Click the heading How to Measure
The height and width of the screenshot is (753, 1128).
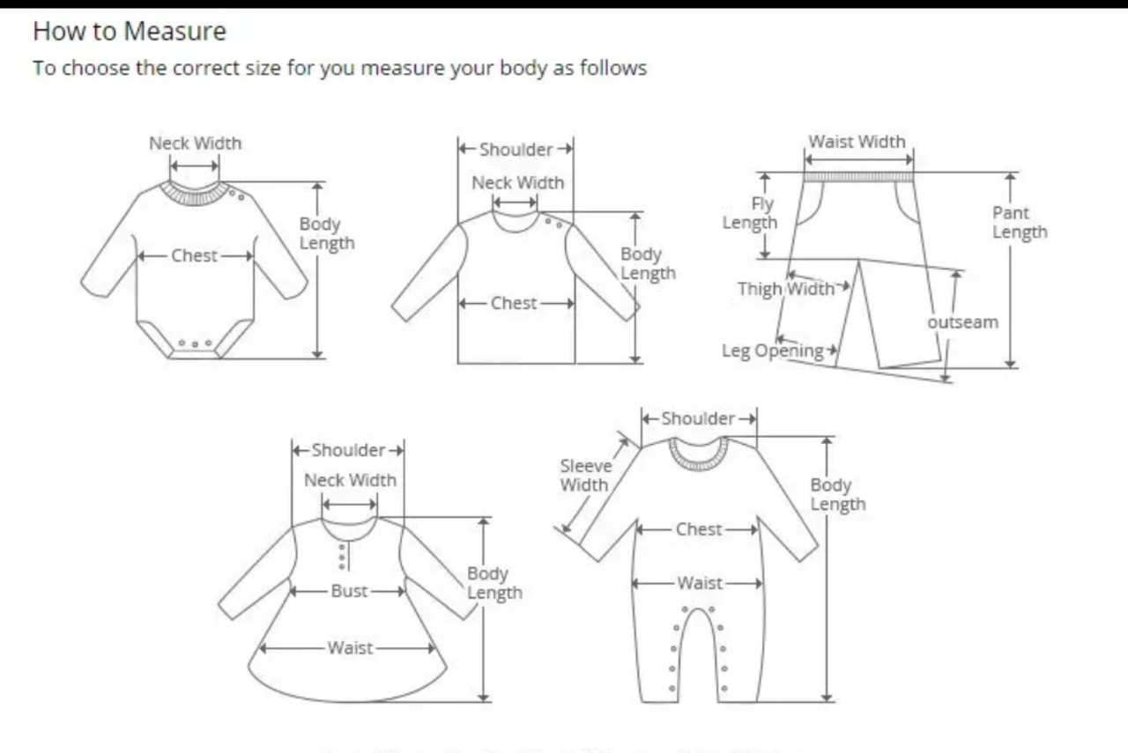[x=130, y=32]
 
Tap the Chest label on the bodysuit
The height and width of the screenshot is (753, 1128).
[x=195, y=256]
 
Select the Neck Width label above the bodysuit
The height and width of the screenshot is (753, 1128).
[x=195, y=143]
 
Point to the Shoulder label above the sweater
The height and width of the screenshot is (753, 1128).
[x=516, y=150]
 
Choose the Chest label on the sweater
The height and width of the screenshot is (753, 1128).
[x=514, y=303]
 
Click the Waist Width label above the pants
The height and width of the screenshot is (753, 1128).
[x=857, y=142]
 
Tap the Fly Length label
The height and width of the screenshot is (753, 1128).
[x=751, y=213]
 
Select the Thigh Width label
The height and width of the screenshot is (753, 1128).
[x=785, y=289]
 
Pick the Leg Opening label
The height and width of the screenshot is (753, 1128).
[x=773, y=351]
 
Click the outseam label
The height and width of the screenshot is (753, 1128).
[x=963, y=322]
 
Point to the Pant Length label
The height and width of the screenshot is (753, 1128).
[x=1020, y=223]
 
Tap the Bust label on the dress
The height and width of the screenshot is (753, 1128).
[x=349, y=591]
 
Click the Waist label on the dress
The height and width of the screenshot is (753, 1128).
[x=350, y=648]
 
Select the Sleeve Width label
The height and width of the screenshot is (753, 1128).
[x=584, y=476]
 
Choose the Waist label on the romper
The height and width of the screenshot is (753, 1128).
[x=700, y=583]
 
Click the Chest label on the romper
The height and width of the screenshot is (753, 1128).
[x=699, y=529]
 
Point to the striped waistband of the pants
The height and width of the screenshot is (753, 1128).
[x=858, y=177]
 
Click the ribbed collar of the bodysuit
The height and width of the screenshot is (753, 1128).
[x=194, y=195]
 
